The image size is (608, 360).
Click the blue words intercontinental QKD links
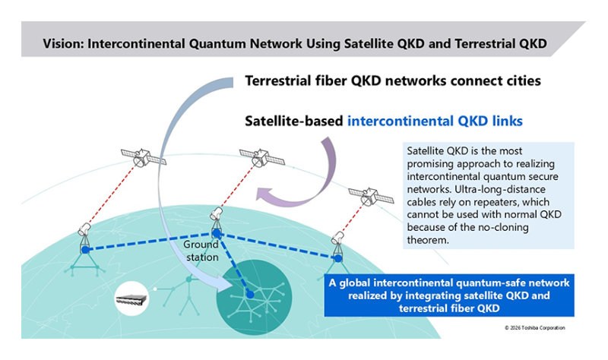[x=442, y=121]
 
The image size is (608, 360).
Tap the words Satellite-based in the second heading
[x=294, y=121]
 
